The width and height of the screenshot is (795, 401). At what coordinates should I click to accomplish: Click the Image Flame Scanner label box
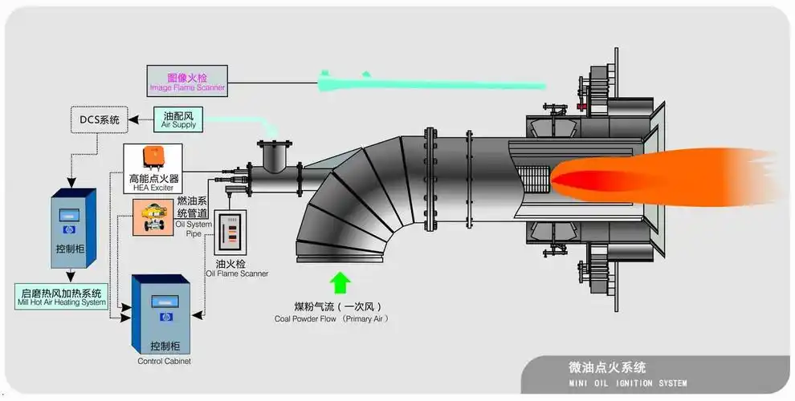[187, 79]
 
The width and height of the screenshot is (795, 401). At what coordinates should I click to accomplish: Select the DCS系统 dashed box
[100, 120]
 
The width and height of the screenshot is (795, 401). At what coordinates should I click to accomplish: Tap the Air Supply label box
[177, 120]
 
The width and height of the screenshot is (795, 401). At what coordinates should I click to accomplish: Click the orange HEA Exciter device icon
[153, 158]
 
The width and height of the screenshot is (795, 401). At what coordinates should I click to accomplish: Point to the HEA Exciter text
[153, 188]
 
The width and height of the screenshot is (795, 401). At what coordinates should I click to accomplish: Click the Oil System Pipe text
[192, 229]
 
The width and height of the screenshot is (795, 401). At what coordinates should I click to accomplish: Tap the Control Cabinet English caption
[164, 362]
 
